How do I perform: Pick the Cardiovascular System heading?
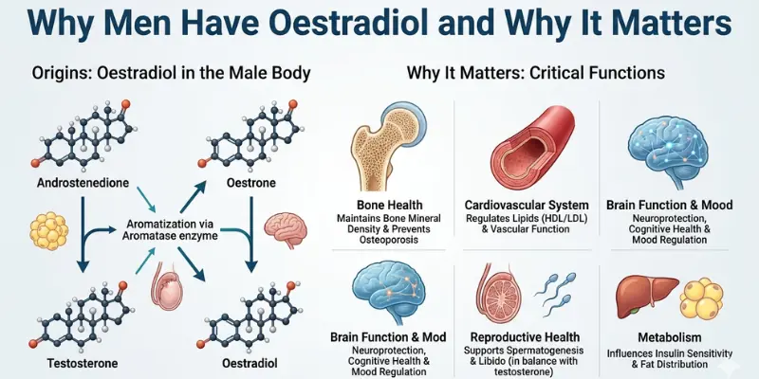(527, 205)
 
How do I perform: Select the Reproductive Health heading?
(527, 336)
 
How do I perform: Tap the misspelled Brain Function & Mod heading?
(383, 336)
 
